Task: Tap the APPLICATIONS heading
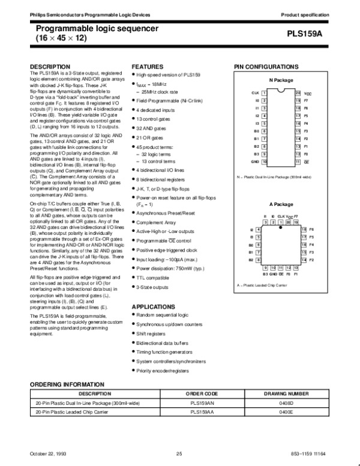[x=154, y=307]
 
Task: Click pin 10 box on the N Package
[x=264, y=162]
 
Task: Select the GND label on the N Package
[x=254, y=162]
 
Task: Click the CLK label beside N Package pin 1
[x=254, y=94]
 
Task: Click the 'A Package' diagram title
[x=280, y=205]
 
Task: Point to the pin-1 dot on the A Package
[x=281, y=229]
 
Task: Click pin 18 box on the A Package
[x=304, y=230]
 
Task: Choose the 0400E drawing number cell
[x=286, y=413]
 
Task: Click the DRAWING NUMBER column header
[x=286, y=394]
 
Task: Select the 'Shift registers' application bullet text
[x=151, y=333]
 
